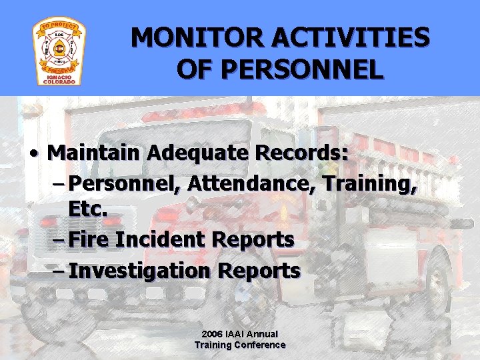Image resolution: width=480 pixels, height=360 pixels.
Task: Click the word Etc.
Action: pos(87,209)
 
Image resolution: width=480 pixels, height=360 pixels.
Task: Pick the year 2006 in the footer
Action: pos(213,333)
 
